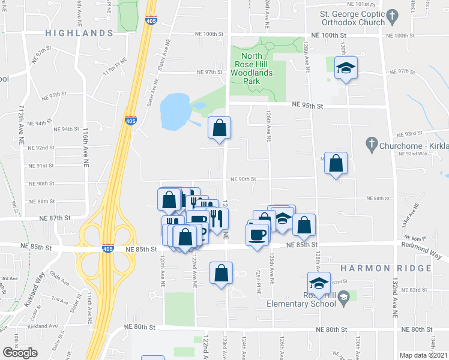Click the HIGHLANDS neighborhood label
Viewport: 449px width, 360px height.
click(x=78, y=33)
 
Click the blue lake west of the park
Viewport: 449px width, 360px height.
click(x=174, y=111)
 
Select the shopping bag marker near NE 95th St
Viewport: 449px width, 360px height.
click(x=220, y=127)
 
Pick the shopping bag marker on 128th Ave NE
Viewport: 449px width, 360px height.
click(x=336, y=163)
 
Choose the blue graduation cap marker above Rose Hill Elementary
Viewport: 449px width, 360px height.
click(x=319, y=283)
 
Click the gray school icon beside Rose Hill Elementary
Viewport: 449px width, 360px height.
click(x=343, y=296)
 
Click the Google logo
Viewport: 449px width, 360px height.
click(x=20, y=352)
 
